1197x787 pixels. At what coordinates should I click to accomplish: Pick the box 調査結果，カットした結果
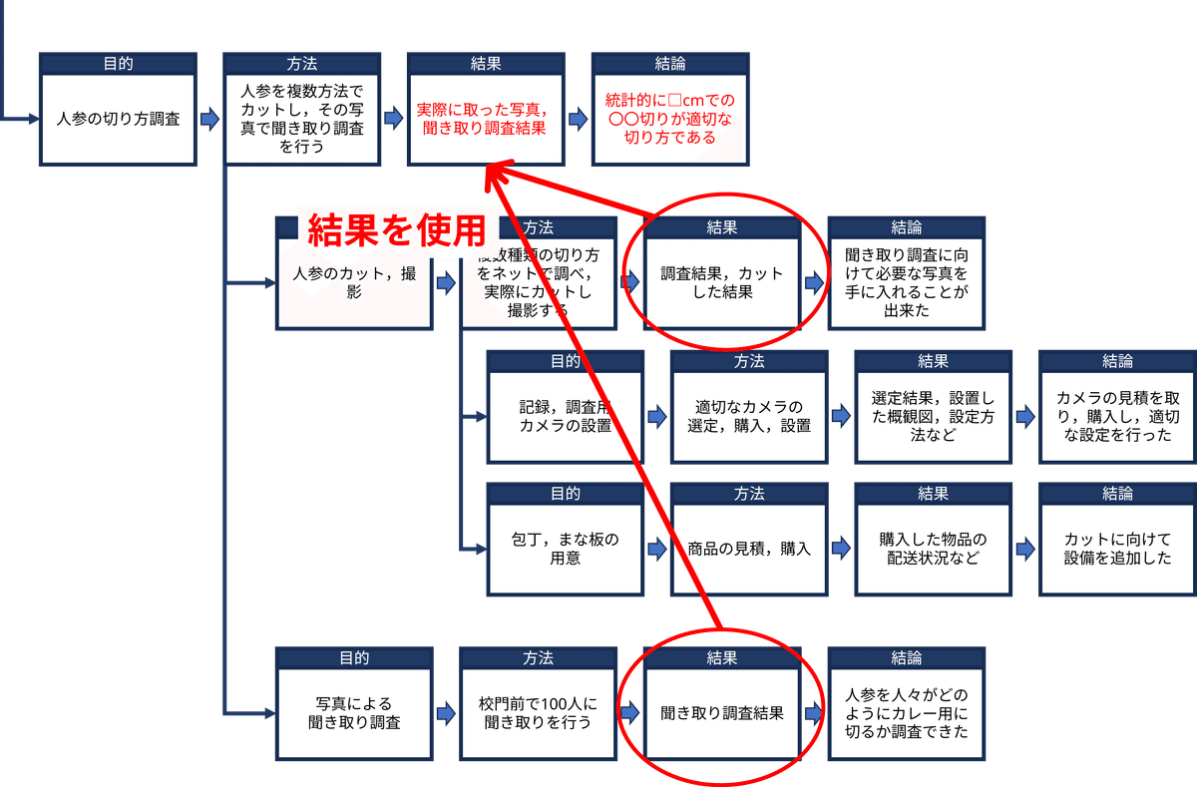pos(721,282)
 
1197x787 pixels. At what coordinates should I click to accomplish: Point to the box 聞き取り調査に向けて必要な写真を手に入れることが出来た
pos(907,282)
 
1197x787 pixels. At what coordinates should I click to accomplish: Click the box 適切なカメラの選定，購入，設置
pos(748,416)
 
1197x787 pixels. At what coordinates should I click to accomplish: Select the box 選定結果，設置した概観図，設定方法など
pos(933,416)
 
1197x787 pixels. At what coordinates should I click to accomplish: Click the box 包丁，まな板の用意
pos(565,549)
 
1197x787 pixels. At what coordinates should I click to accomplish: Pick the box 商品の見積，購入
pos(748,549)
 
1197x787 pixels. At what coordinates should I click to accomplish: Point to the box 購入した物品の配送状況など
pos(933,549)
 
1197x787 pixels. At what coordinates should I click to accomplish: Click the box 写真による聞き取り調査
pos(354,712)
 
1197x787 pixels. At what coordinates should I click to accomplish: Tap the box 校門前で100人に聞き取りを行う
pos(538,712)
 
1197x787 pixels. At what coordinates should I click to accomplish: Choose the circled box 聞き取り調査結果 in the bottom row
pos(721,713)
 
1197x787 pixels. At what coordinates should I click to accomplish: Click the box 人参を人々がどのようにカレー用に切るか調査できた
pos(907,712)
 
